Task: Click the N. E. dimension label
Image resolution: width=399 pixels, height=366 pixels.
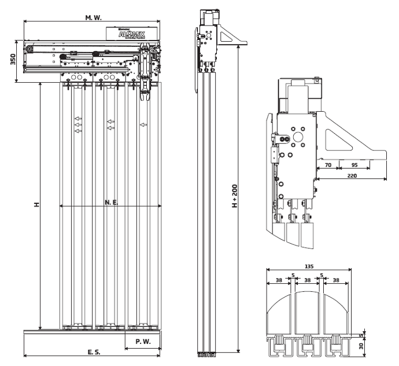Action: (112, 203)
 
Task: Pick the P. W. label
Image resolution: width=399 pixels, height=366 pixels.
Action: (143, 342)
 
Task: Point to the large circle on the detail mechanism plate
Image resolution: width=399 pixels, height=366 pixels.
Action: (300, 138)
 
